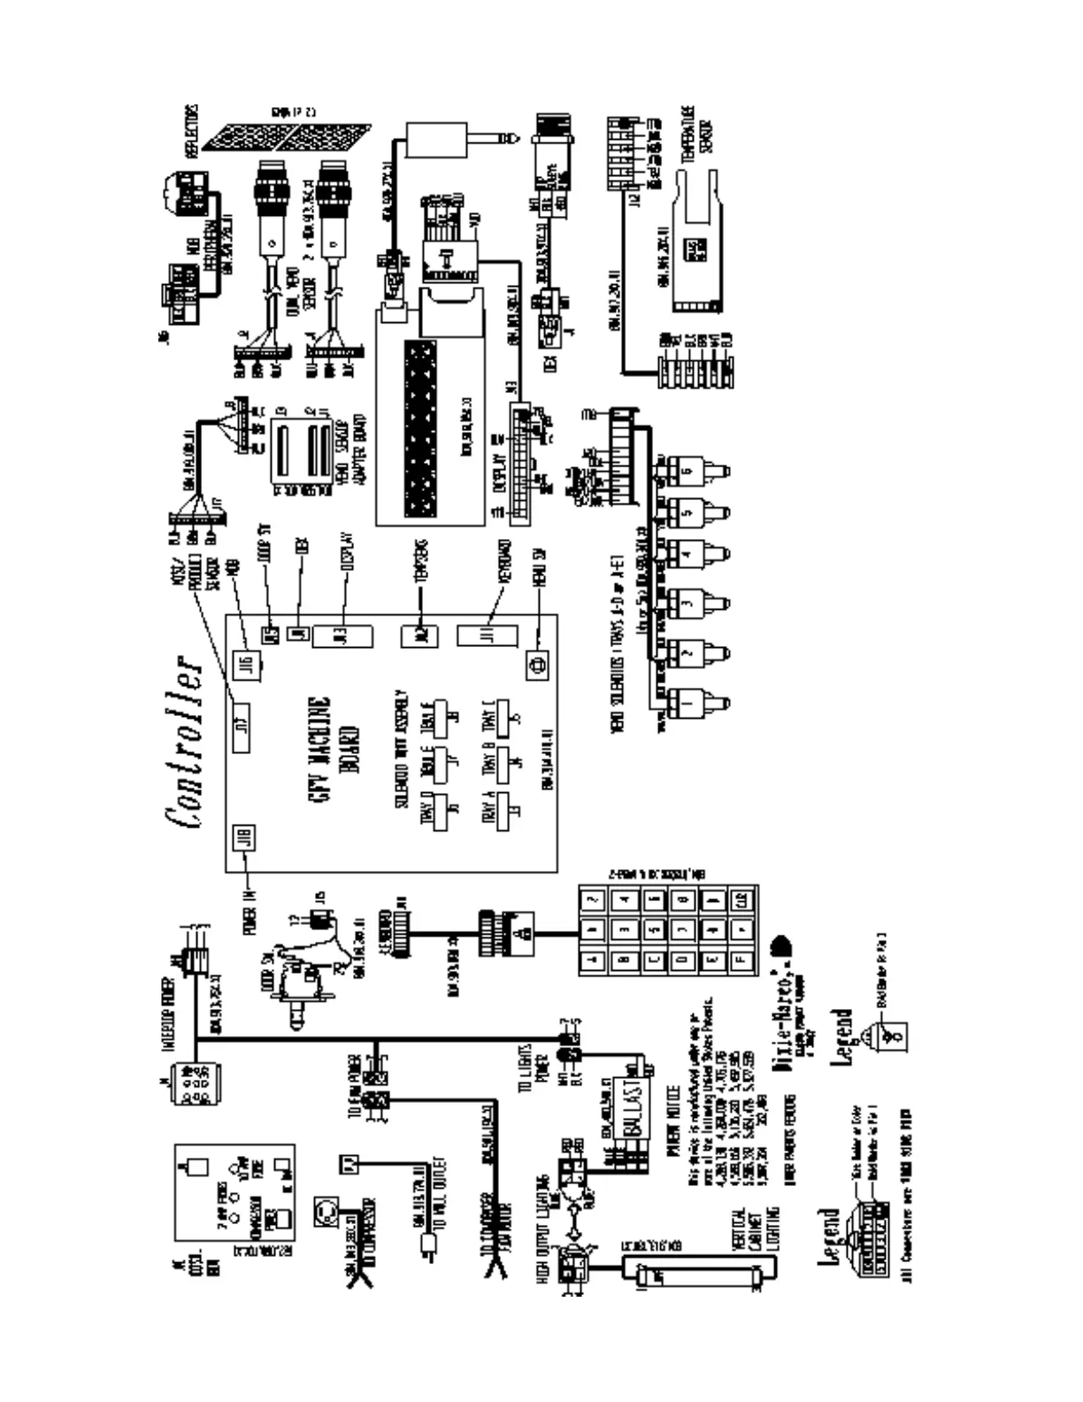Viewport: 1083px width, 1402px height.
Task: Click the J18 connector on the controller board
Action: [244, 837]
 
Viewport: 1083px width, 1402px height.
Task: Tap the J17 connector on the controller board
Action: [242, 725]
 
